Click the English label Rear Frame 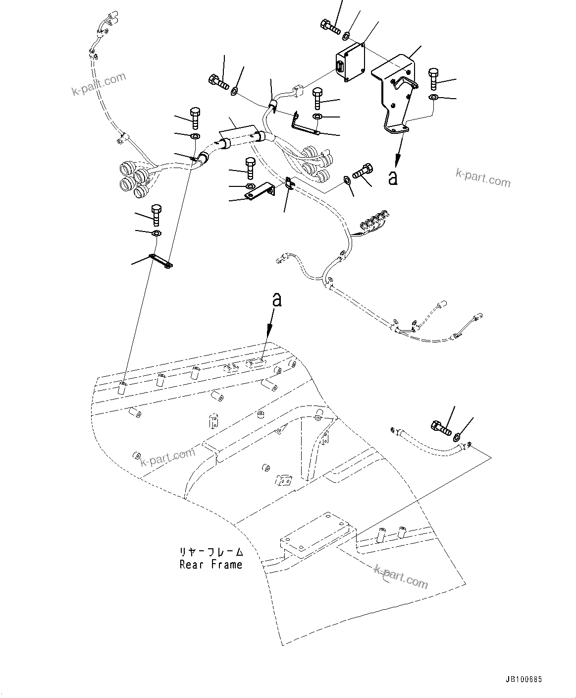coord(211,564)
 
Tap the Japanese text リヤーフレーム coord(211,552)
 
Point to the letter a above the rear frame coord(277,299)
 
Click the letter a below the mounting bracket coord(393,178)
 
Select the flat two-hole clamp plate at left coord(160,261)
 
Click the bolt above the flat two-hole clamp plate coord(156,214)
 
